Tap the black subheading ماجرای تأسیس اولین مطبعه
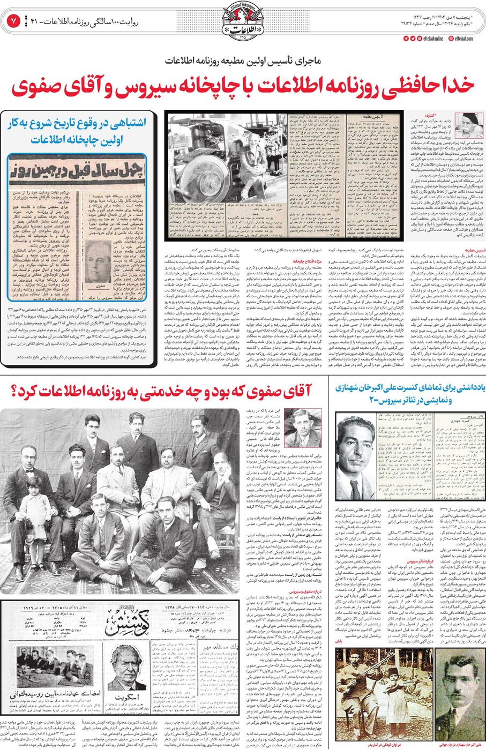tap(242, 61)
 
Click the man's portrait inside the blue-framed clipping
tap(99, 262)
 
